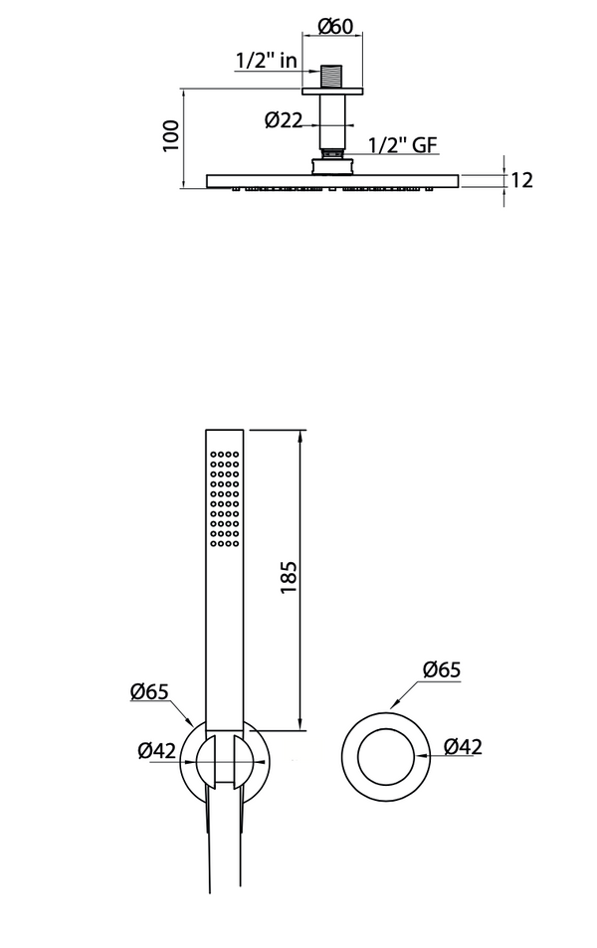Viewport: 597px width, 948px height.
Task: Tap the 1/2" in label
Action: point(266,61)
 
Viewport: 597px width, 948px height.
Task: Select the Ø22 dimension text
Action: point(284,120)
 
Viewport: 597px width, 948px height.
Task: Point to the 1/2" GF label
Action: point(403,145)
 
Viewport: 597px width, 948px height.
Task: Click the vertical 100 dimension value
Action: point(172,135)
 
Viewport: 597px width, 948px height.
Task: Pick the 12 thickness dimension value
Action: point(522,180)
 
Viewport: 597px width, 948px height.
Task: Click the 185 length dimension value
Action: point(290,576)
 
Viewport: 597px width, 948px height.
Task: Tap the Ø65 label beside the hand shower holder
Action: point(148,691)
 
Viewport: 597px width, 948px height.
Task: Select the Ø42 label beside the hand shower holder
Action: point(157,751)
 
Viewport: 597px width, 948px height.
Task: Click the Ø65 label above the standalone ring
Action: point(441,669)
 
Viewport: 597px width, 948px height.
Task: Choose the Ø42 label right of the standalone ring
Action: point(463,746)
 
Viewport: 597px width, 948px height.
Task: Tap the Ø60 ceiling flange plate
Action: point(332,92)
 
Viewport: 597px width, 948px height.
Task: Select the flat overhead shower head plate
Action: point(332,180)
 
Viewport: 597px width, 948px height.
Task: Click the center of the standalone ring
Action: point(385,754)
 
